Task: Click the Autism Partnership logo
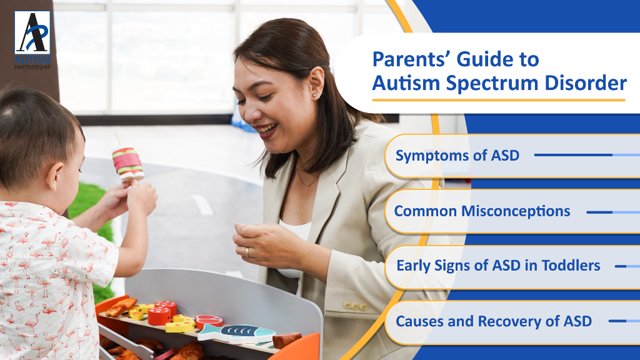coord(32,40)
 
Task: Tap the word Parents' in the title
coord(411,59)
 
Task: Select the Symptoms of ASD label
coord(457,156)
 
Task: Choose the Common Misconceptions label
coord(482,211)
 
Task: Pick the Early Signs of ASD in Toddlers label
coord(498,266)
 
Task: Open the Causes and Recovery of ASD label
coord(494,321)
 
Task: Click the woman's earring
coord(315,96)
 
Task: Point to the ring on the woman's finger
coord(247,252)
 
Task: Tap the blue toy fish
coord(236,332)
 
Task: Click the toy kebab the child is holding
coord(127,162)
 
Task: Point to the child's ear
coord(55,177)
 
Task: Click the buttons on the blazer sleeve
coord(355,306)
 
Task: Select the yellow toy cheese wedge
coord(181,324)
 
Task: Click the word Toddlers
coord(571,266)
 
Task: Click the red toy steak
coord(209,321)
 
